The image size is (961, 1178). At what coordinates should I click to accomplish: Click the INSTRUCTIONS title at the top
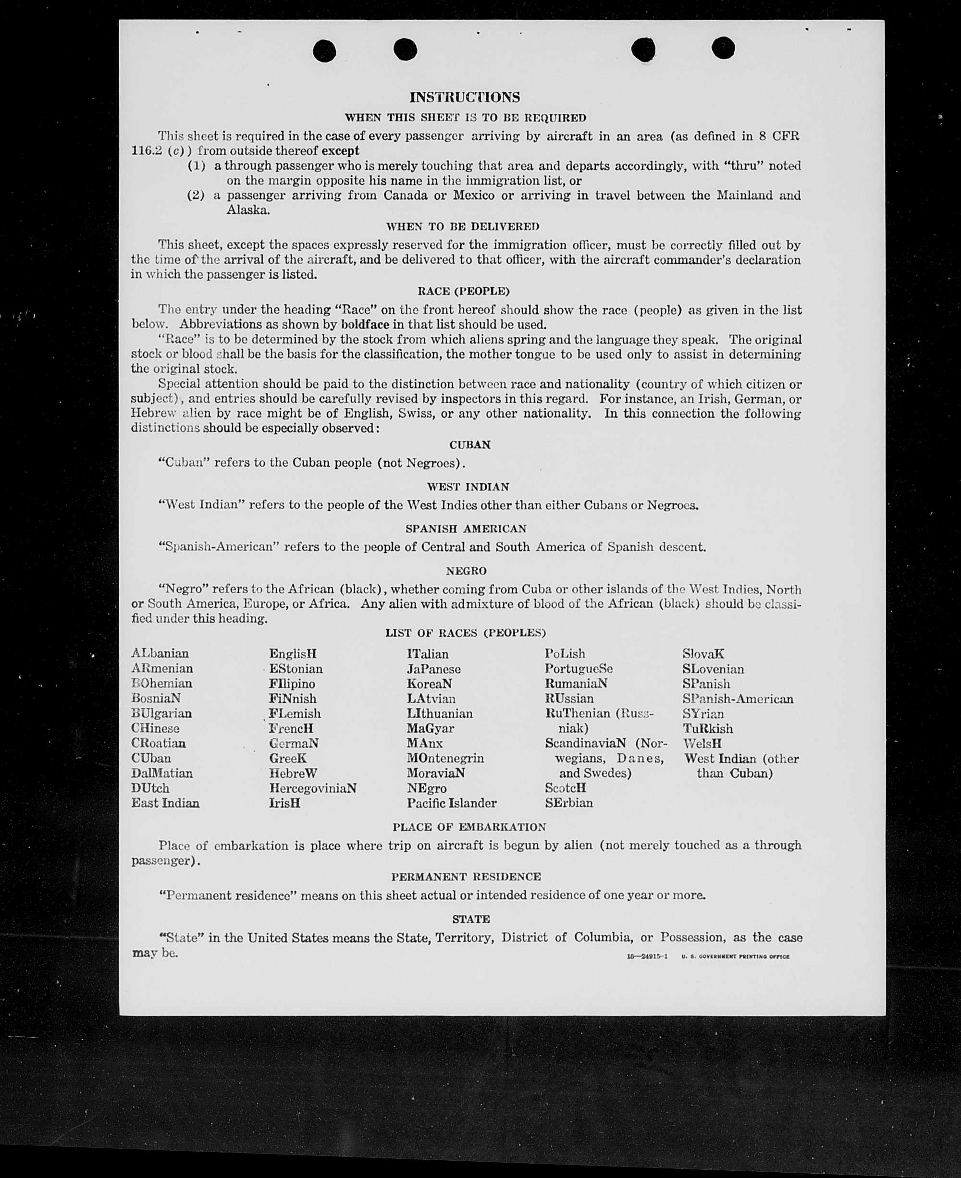465,98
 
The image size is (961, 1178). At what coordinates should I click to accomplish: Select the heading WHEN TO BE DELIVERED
462,226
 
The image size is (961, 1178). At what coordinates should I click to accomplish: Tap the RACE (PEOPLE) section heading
463,291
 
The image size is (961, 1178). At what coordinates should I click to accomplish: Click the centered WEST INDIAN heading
468,487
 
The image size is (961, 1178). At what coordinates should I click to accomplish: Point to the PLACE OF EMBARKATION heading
469,827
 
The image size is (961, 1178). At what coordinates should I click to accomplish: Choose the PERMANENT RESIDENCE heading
466,877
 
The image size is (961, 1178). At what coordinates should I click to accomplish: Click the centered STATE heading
470,920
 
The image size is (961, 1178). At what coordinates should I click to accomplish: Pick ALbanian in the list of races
160,654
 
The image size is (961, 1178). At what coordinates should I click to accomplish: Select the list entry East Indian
165,803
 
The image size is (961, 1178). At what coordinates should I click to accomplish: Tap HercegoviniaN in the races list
313,788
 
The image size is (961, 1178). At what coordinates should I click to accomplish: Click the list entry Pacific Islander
452,803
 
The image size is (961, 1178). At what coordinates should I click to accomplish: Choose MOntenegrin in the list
445,759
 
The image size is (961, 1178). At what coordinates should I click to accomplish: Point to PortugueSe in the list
579,669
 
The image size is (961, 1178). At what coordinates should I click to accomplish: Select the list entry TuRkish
707,728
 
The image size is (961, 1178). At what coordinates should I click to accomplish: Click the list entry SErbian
568,803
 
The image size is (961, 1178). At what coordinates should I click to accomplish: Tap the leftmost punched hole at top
324,51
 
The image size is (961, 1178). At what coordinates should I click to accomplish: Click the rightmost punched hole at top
723,48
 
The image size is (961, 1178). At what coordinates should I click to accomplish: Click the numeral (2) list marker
196,196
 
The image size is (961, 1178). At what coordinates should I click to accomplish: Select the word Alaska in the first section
248,210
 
